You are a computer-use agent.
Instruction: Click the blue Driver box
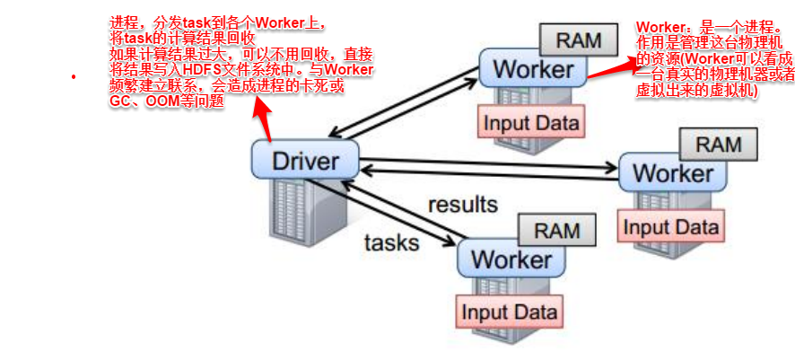click(x=305, y=162)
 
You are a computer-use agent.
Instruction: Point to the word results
click(x=462, y=204)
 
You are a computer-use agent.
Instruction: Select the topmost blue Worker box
click(x=533, y=67)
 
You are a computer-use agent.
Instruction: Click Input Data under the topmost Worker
click(x=531, y=122)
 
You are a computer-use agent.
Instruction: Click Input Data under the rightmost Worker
click(x=670, y=225)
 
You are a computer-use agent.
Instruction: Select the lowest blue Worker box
click(x=511, y=259)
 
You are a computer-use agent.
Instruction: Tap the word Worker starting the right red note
click(x=658, y=27)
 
